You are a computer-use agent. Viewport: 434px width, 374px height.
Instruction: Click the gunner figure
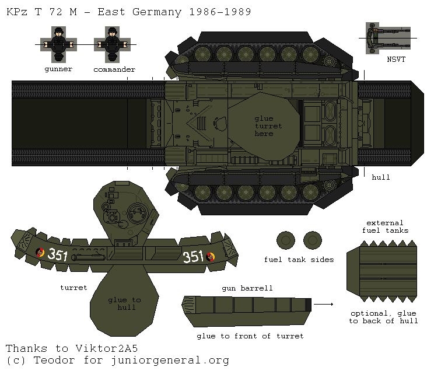tap(58, 44)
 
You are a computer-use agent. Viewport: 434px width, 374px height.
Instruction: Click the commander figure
tap(114, 44)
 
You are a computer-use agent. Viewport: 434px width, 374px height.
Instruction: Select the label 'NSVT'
tap(396, 60)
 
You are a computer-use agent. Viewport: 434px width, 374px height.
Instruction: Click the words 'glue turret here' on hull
tap(268, 126)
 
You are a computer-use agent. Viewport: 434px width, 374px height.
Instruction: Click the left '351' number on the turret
tap(57, 254)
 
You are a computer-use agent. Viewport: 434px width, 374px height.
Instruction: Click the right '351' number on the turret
tap(193, 257)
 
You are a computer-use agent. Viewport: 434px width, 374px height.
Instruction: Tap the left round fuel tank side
tap(286, 240)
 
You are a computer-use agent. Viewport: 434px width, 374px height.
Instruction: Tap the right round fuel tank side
tap(313, 240)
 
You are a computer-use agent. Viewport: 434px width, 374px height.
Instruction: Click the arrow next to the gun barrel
tap(327, 304)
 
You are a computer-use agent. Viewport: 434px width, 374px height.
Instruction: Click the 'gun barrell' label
tap(247, 289)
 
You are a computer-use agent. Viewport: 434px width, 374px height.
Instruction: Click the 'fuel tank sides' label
tap(299, 260)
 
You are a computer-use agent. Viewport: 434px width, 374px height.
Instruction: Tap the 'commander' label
tap(114, 69)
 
